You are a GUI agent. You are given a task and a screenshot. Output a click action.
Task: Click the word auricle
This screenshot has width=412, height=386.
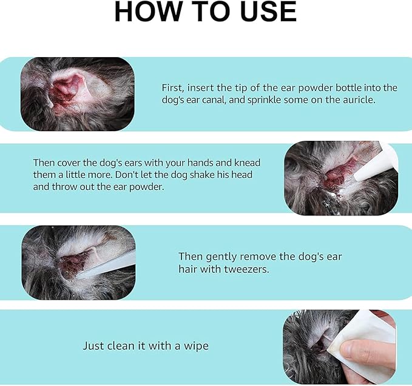(x=358, y=100)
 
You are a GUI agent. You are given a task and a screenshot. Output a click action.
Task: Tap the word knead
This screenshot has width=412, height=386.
(x=238, y=163)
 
